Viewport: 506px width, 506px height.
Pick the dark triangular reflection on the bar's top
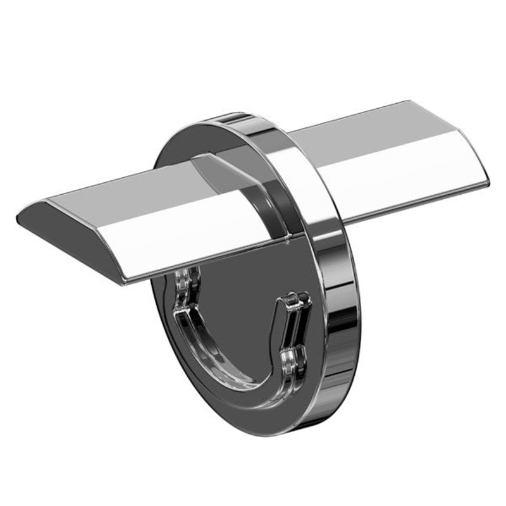(218, 171)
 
